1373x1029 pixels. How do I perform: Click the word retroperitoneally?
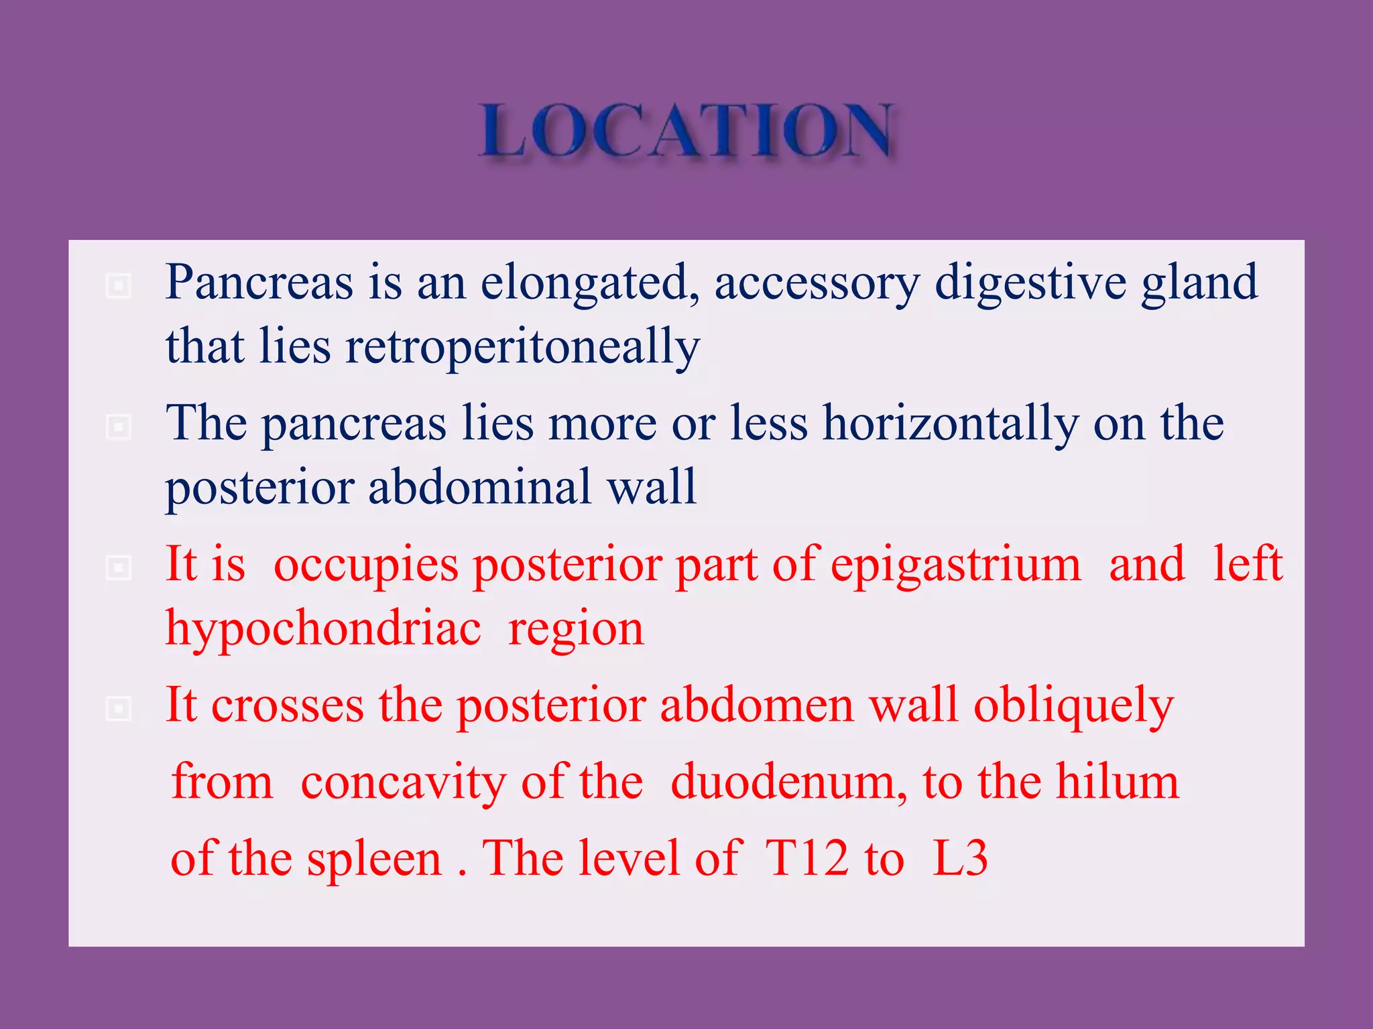(x=522, y=347)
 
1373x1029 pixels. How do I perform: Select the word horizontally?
(x=951, y=424)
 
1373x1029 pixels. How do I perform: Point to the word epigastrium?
(x=956, y=565)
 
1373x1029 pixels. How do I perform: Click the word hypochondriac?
(x=323, y=630)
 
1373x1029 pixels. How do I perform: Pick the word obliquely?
(x=1073, y=706)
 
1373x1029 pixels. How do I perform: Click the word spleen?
(x=374, y=860)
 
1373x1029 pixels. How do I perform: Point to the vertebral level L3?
(x=960, y=858)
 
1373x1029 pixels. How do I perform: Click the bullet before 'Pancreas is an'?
(x=119, y=286)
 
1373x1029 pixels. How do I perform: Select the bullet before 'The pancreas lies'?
(x=119, y=427)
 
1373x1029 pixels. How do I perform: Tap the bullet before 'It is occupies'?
(x=119, y=568)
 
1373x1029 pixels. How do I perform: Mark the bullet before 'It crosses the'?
(x=119, y=709)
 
